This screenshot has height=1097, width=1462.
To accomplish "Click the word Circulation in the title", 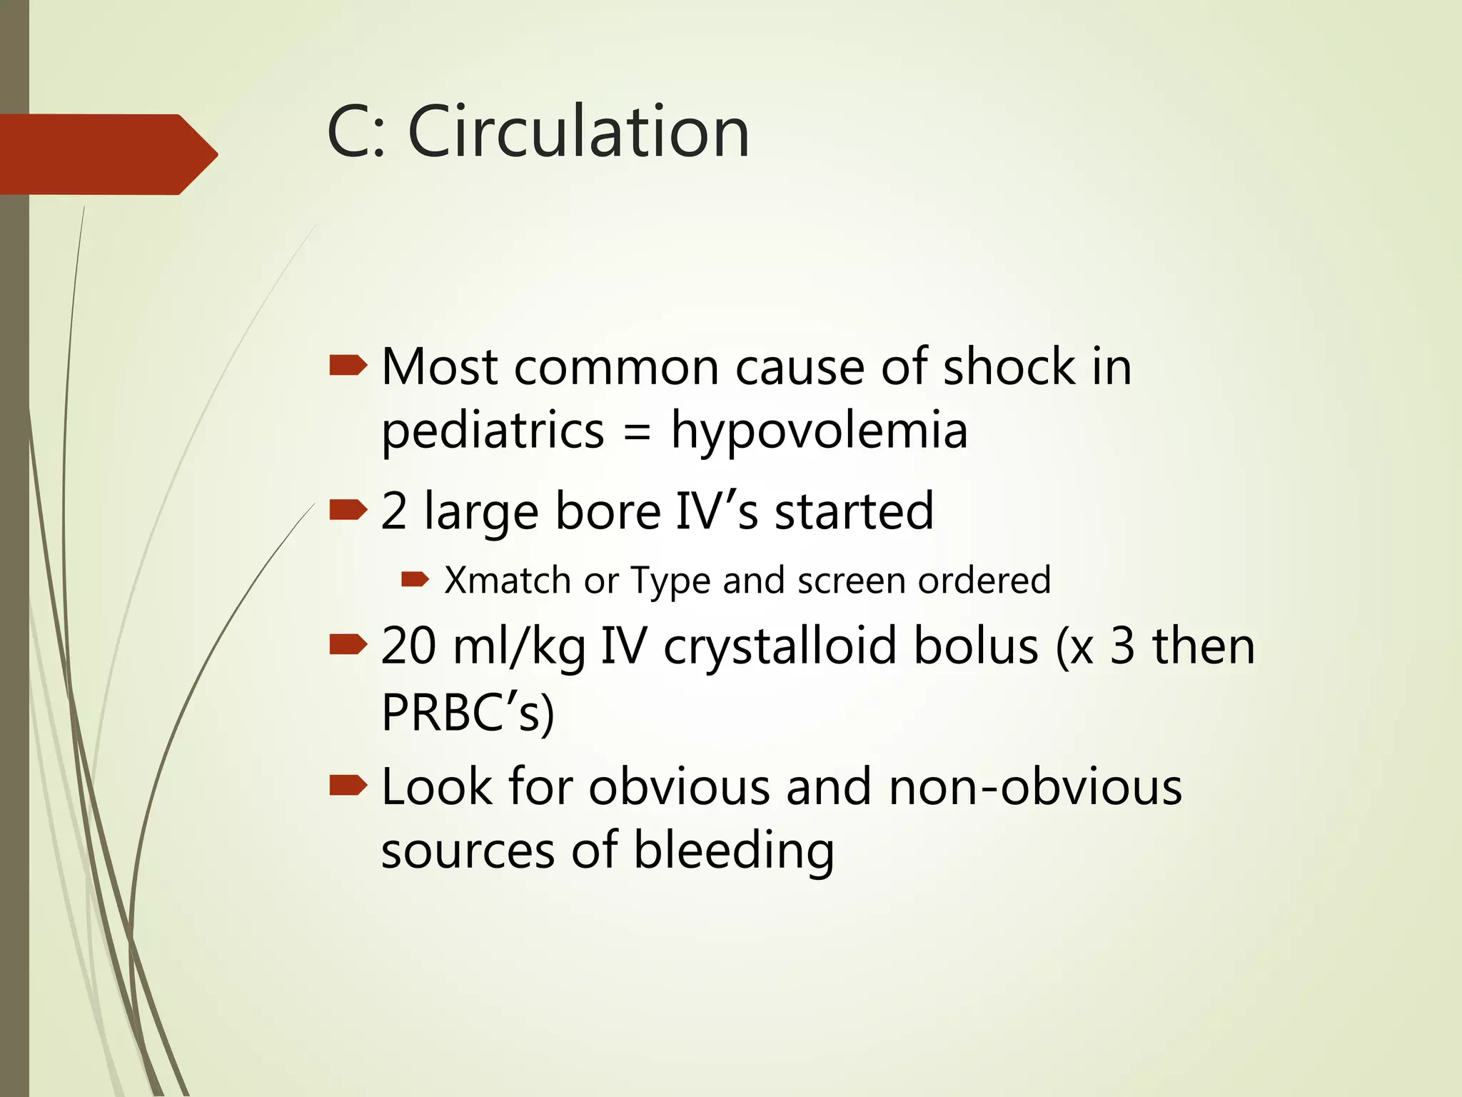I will tap(578, 132).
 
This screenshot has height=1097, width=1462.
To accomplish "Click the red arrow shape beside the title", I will tap(107, 154).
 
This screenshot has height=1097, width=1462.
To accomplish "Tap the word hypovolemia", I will tap(819, 432).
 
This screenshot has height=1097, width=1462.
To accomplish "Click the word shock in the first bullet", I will tap(1009, 367).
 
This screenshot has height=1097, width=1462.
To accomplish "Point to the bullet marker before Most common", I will tap(348, 367).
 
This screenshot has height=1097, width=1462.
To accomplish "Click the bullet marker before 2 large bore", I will tap(348, 510).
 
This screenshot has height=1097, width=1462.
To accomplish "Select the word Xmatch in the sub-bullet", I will tap(507, 580).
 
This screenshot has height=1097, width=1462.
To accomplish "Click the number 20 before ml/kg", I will tap(408, 646).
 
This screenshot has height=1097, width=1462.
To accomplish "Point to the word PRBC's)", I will tap(468, 712).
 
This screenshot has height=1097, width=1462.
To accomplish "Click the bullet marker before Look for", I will tap(348, 786).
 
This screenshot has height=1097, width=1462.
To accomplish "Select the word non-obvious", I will tap(1035, 787).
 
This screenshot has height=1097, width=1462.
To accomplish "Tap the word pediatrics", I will tap(493, 432).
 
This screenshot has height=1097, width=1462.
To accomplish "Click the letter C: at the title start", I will tap(356, 132).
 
